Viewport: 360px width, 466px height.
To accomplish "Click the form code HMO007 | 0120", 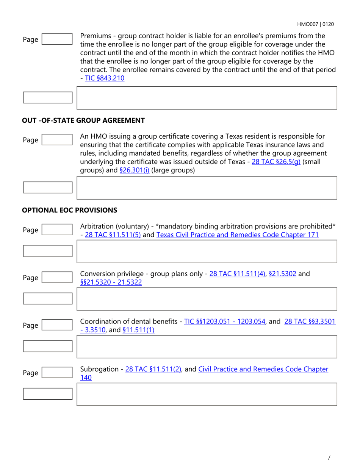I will point(315,24).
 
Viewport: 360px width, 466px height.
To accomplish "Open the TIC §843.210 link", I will point(105,78).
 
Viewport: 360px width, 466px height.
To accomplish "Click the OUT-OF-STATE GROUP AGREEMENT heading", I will point(83,120).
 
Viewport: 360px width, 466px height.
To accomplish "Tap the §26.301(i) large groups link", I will point(134,170).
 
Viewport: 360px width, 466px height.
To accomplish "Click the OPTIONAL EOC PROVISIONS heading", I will point(70,210).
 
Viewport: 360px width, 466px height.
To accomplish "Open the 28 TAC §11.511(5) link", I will point(113,235).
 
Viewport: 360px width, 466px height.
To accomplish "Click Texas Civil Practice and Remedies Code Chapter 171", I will point(237,235).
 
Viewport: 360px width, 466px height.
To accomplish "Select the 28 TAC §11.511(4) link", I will point(237,274).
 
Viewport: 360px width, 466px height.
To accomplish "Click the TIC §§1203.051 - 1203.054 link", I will point(224,322).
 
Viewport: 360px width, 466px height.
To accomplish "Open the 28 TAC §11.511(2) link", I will point(153,369).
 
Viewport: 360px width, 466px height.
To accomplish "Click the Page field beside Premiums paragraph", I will point(57,39).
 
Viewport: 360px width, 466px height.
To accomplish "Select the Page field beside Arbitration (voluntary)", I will point(57,229).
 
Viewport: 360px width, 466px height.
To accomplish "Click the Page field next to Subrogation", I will point(57,372).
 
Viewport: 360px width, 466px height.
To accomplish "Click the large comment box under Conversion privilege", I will point(207,299).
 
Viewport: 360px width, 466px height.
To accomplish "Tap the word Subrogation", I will point(100,369).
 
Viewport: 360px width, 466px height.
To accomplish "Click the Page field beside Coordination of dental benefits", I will point(57,325).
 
